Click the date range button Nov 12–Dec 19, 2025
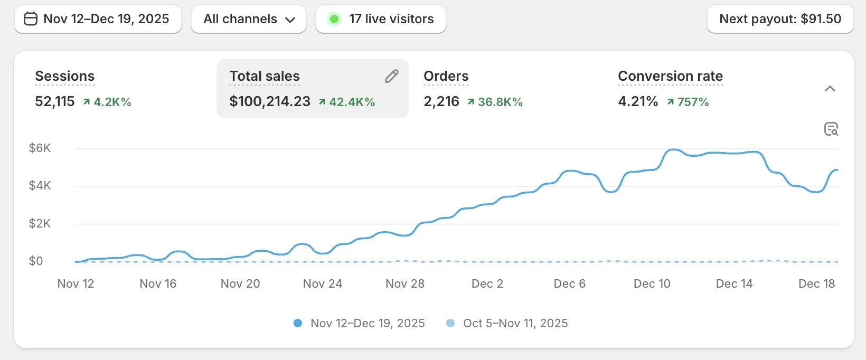98,19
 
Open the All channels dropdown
249,19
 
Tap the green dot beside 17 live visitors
334,20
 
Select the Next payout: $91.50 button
780,19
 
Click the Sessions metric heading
65,76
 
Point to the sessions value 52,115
55,101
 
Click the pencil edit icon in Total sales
391,77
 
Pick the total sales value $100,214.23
270,101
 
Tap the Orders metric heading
446,76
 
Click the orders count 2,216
441,101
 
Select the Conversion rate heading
670,76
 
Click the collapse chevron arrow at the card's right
830,89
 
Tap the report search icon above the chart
831,129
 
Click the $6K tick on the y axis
40,148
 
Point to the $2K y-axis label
40,223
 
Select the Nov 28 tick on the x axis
405,283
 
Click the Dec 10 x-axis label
652,283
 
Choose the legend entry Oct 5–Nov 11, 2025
515,323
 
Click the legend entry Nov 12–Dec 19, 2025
367,323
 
